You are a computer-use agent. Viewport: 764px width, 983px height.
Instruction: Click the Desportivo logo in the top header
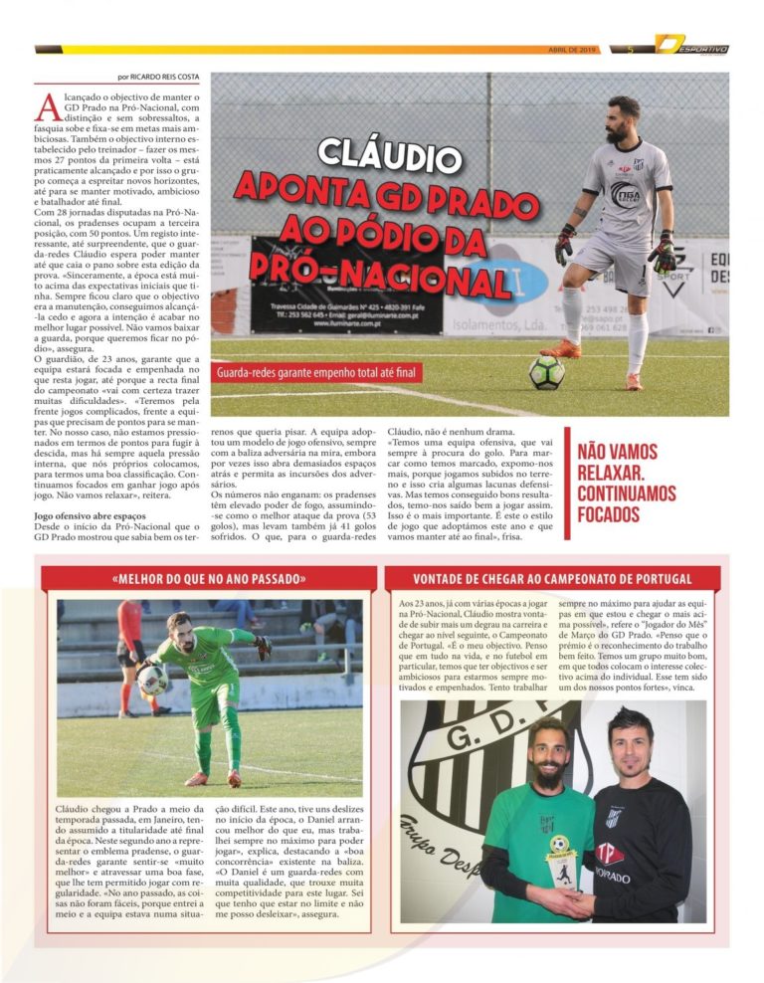coord(692,47)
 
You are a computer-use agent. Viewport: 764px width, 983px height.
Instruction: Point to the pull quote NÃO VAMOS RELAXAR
coord(627,484)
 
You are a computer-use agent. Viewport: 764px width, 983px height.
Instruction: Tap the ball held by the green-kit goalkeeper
coord(153,679)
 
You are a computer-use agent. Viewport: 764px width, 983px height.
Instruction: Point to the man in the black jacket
coord(637,826)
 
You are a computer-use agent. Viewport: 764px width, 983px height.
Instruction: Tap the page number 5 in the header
coord(630,49)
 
